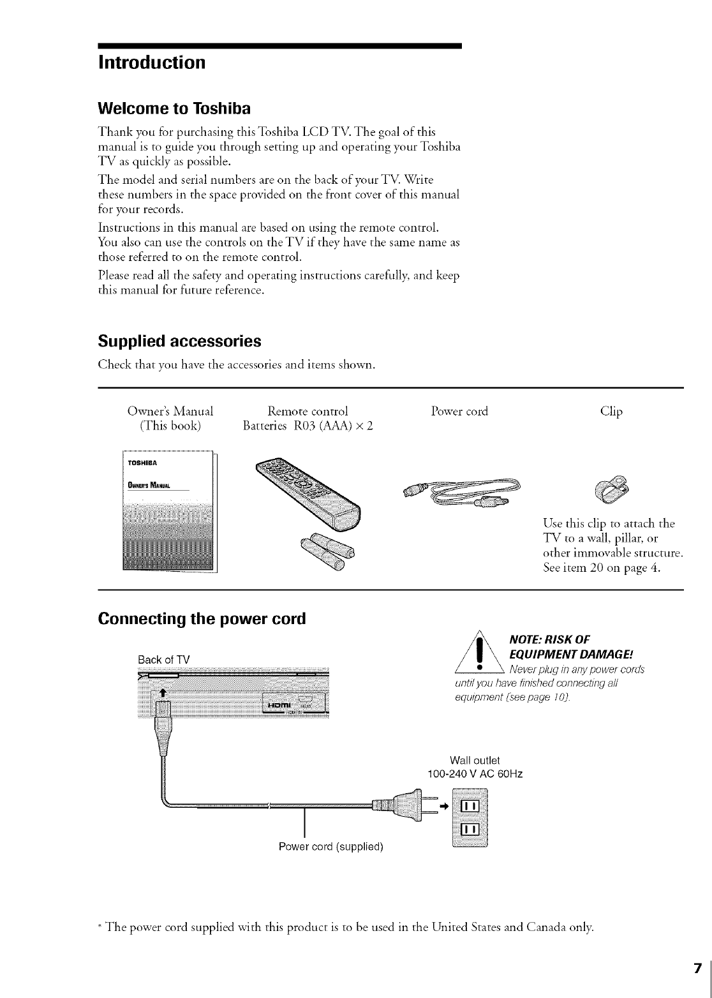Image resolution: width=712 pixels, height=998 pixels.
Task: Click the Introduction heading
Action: click(152, 63)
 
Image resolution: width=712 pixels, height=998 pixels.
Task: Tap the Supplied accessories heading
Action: click(179, 341)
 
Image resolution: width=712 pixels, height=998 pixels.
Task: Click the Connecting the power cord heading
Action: click(202, 619)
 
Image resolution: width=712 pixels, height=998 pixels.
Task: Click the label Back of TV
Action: click(164, 659)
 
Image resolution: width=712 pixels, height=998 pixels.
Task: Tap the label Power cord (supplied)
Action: click(330, 847)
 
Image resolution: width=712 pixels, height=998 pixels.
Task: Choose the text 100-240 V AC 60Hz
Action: click(475, 774)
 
